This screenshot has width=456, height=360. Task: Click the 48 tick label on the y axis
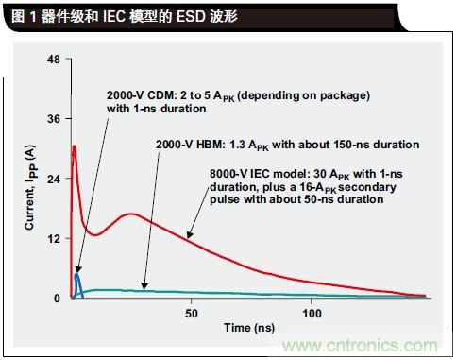53,60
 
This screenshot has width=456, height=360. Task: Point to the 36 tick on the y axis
67,118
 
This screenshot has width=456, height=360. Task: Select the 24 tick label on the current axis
53,179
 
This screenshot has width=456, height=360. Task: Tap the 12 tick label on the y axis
53,239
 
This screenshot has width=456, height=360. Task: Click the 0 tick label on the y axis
57,299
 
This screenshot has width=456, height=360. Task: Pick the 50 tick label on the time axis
192,314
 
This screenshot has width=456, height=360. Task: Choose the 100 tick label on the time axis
312,314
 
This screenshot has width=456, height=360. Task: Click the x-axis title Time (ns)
249,328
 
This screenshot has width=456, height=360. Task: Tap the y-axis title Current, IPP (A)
30,187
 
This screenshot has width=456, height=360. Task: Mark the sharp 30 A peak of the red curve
75,146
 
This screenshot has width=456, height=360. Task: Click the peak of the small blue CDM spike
76,274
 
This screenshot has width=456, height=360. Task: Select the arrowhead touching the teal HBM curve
144,285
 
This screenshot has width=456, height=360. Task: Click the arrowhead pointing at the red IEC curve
189,234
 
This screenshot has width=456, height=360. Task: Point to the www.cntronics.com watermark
360,346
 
